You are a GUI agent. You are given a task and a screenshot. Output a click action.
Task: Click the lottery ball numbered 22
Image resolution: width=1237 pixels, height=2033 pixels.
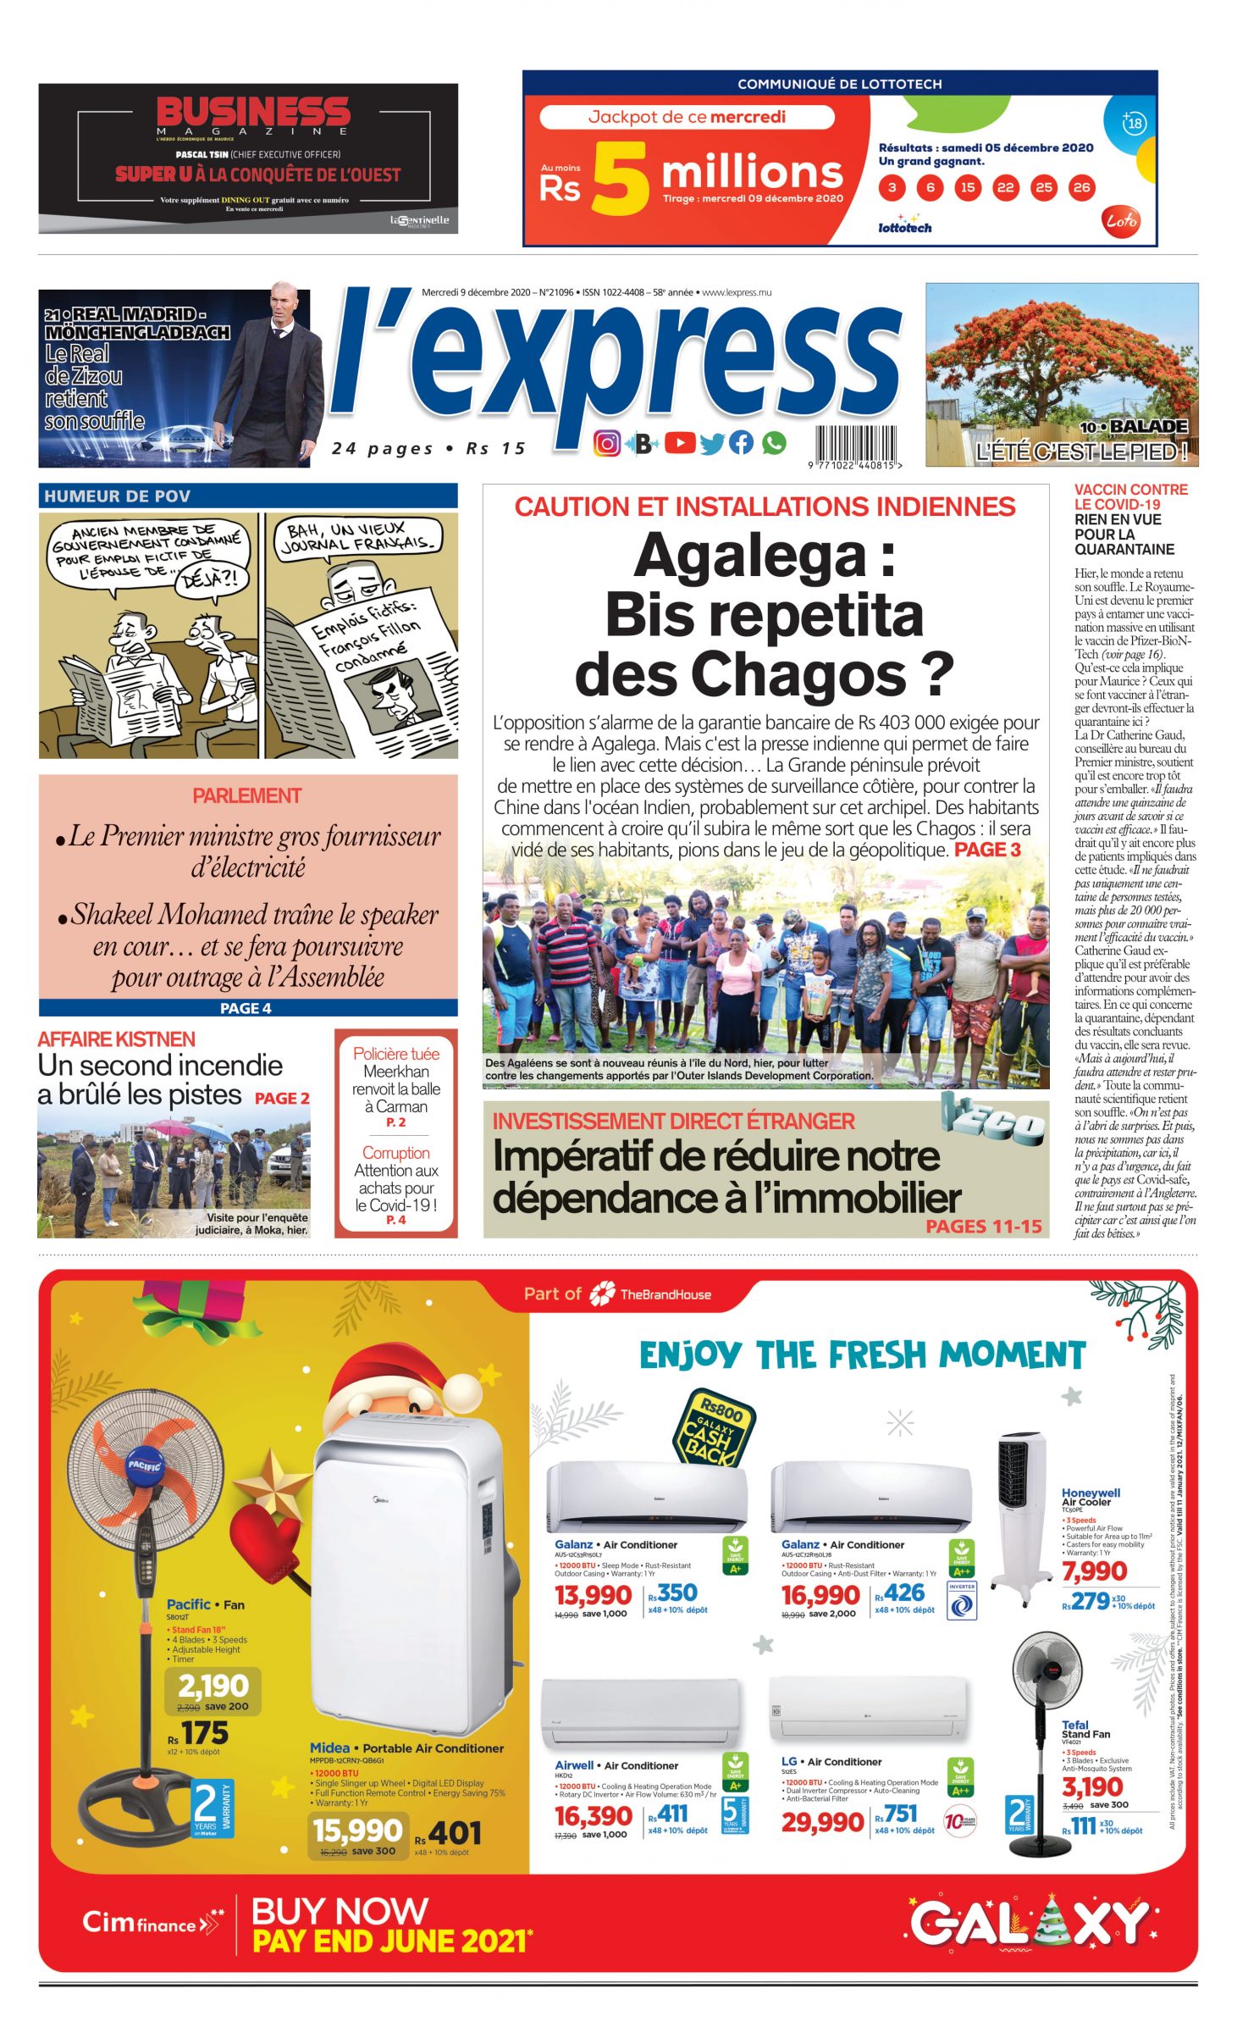1005,187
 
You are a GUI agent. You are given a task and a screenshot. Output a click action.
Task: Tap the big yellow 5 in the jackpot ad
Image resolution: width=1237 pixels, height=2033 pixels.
620,177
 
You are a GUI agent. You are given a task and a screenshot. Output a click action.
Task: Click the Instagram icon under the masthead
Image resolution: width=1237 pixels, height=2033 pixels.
606,443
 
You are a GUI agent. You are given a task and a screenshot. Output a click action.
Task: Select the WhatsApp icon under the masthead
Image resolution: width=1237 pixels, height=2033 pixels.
773,442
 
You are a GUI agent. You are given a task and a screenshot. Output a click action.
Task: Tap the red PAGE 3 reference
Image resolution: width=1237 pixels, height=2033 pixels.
987,850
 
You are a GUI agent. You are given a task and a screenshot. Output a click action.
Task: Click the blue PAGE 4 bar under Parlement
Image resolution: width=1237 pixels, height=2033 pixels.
247,1008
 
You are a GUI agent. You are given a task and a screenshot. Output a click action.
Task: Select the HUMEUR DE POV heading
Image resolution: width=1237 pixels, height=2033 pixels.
118,496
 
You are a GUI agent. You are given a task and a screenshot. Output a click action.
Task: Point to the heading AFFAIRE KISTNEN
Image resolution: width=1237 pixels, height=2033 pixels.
116,1039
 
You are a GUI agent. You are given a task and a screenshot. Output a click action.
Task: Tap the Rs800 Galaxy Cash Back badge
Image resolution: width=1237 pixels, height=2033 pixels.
714,1426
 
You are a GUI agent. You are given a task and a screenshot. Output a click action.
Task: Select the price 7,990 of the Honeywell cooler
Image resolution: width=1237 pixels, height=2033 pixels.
1094,1571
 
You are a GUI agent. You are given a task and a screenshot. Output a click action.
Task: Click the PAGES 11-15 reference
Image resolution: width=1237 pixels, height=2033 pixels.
983,1226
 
